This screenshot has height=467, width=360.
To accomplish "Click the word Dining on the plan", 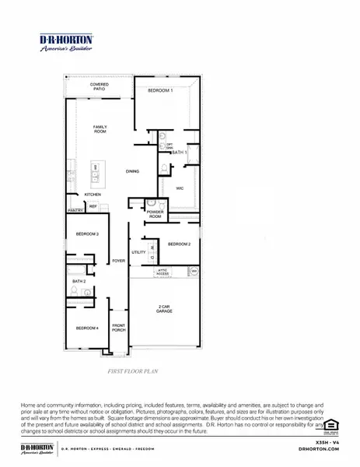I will coord(133,171).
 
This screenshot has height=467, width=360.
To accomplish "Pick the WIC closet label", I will coord(179,188).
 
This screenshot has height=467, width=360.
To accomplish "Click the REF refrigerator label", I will coord(93,206).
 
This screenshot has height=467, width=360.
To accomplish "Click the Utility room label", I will coord(138,252).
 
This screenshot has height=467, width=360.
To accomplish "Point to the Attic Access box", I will coord(162,272).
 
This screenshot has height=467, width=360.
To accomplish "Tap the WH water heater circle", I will coord(194,271).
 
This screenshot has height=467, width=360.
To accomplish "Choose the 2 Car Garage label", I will coord(164,309).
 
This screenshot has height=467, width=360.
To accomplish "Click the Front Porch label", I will coord(119,327).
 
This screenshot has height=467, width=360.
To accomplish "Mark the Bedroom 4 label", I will coord(87,328).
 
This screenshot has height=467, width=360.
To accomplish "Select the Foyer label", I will coord(118,261).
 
